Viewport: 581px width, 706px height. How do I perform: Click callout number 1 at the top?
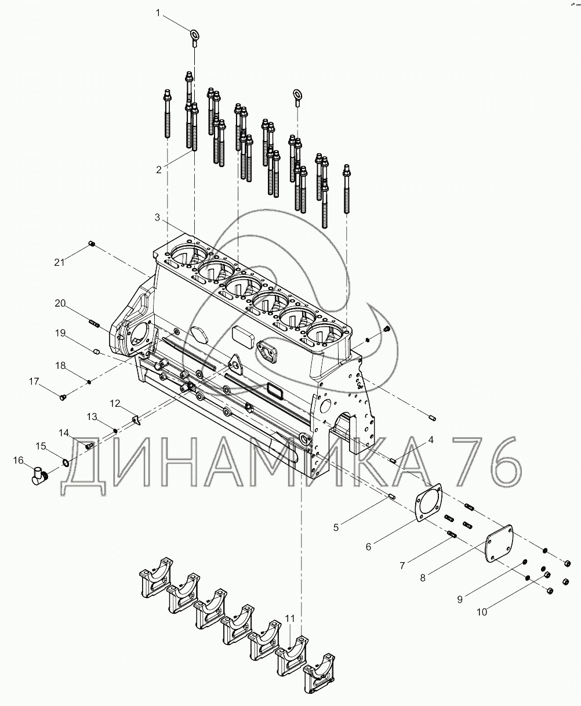(158, 13)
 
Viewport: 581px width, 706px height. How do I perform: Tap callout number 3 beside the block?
(158, 218)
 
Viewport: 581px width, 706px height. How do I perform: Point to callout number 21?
(60, 262)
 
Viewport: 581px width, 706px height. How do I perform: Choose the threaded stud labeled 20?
(95, 324)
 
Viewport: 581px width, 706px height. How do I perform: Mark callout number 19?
(60, 333)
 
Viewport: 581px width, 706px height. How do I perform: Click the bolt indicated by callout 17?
(63, 397)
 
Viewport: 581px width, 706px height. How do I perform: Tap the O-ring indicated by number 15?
(66, 463)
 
